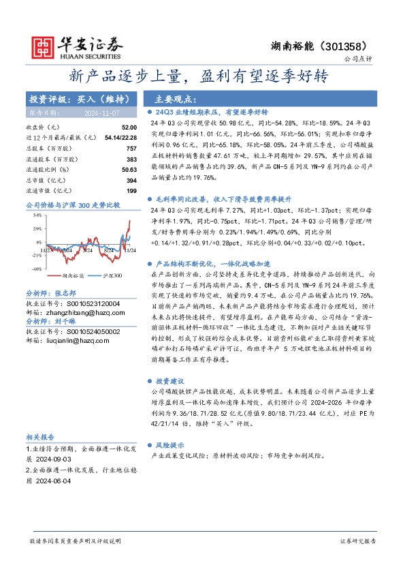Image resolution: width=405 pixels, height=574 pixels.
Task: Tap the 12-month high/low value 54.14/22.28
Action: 119,137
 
